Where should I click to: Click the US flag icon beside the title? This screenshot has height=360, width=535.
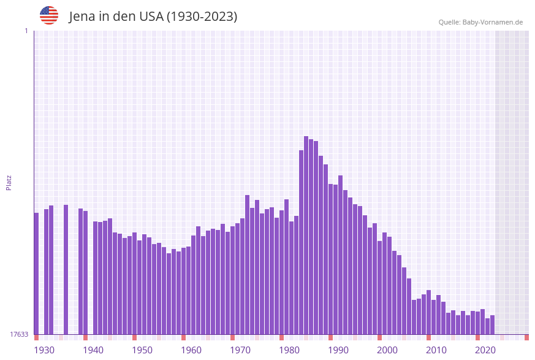[49, 15]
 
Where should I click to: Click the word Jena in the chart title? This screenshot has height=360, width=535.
[82, 17]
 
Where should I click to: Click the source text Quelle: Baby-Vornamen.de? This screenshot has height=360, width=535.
[480, 22]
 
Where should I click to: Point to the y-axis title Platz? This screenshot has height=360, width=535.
[9, 182]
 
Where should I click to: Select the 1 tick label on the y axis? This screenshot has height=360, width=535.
[26, 31]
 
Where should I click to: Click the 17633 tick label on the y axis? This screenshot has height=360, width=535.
[18, 334]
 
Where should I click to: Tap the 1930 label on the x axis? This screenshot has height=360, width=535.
[44, 350]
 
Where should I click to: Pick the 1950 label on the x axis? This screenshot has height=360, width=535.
[142, 350]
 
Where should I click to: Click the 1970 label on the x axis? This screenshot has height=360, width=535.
[240, 350]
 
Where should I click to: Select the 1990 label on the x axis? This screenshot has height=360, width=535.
[338, 350]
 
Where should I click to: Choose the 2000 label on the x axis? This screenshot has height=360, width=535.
[387, 350]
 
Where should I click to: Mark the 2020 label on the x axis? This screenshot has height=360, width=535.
[485, 350]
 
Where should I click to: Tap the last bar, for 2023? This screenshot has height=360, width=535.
[493, 324]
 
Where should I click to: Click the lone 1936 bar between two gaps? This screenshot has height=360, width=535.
[66, 269]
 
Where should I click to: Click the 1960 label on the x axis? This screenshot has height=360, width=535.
[191, 350]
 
